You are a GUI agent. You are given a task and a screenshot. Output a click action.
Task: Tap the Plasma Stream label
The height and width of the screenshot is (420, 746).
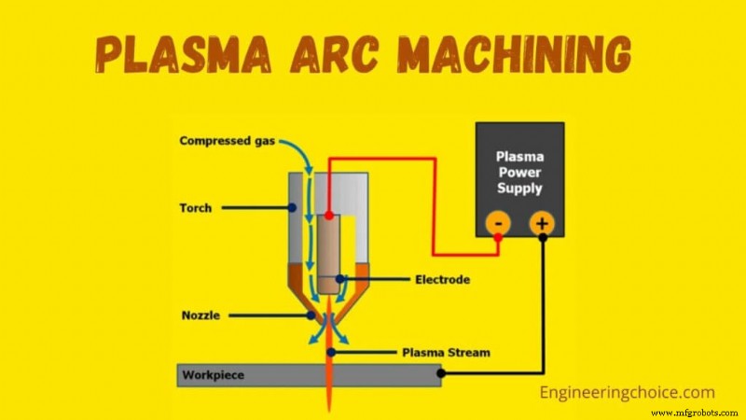coord(445,353)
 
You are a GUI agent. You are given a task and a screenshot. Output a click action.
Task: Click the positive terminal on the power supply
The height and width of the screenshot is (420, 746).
coord(542,223)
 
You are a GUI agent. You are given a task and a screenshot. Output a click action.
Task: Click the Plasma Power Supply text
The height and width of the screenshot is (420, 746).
coord(519,174)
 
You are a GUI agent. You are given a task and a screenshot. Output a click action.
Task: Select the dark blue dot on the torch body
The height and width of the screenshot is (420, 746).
coord(293,207)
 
